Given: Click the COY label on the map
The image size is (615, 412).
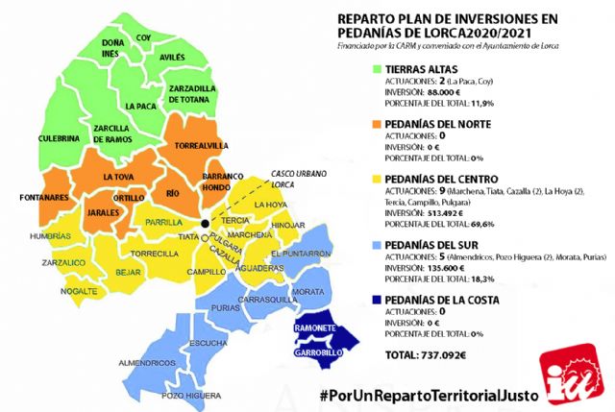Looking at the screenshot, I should (144, 37).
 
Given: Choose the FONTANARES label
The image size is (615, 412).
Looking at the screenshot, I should (37, 199).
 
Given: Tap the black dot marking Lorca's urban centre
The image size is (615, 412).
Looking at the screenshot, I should (205, 226).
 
